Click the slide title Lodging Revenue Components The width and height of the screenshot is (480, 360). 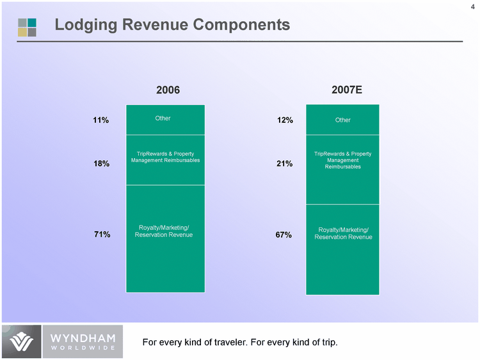172,25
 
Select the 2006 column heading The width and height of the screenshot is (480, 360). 168,90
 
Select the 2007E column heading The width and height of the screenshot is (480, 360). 347,90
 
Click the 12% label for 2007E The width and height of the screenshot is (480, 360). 285,120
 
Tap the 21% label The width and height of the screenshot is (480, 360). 285,164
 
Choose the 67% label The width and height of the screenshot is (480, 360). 284,235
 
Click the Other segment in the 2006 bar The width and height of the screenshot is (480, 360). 165,119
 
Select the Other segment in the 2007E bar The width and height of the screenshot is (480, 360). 343,120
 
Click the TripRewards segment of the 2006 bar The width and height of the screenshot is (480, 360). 165,159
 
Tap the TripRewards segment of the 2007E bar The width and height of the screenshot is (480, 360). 343,169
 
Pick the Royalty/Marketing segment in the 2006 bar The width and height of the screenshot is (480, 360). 165,238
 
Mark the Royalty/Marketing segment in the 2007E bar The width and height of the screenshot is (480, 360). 343,249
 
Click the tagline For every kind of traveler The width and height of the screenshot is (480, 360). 239,342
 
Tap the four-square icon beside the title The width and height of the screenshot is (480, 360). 27,27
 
